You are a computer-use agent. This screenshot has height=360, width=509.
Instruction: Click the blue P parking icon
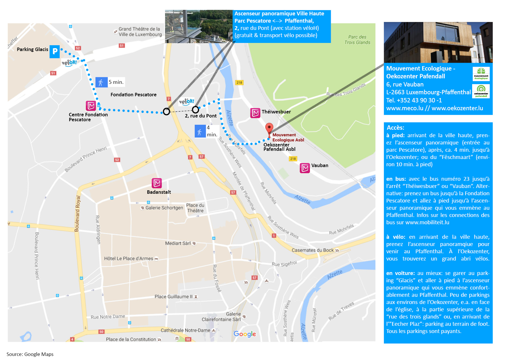pos(55,52)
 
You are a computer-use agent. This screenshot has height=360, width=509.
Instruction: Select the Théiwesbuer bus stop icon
pos(255,113)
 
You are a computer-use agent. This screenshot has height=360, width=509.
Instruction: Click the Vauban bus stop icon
pos(305,168)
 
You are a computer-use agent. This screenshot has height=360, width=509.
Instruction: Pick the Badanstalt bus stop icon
pos(157,183)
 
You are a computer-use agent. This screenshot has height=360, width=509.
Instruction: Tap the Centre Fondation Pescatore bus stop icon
pos(91,106)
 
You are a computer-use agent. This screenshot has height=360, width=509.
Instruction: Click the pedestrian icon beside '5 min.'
pos(101,83)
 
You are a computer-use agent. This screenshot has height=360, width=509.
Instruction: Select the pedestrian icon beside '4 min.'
pos(200,131)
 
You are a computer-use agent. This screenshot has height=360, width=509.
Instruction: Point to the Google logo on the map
pos(245,334)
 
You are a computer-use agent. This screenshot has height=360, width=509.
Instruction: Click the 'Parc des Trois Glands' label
pos(357,40)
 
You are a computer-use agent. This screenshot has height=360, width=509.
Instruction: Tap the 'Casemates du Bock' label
pos(313,250)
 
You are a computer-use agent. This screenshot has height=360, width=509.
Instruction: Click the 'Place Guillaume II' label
pos(174,296)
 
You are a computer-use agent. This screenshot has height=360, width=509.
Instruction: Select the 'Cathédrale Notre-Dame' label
pos(185,330)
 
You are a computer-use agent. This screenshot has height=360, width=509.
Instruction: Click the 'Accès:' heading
pos(395,128)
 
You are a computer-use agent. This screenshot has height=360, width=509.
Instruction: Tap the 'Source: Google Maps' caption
pos(30,354)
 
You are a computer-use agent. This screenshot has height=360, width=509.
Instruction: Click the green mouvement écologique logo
pos(481,74)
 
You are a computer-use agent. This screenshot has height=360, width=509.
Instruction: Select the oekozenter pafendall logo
pos(481,91)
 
